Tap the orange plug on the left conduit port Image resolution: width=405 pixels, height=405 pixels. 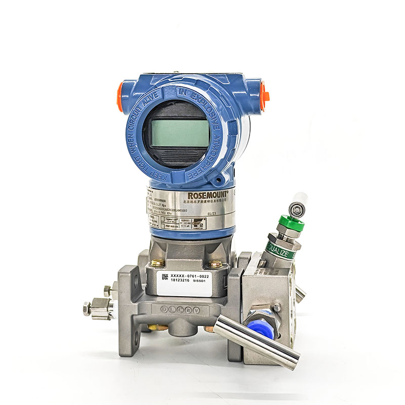(120, 96)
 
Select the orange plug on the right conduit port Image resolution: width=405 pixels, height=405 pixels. (264, 96)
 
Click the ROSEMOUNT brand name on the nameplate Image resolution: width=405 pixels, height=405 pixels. (208, 195)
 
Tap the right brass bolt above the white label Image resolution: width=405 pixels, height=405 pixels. (215, 263)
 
